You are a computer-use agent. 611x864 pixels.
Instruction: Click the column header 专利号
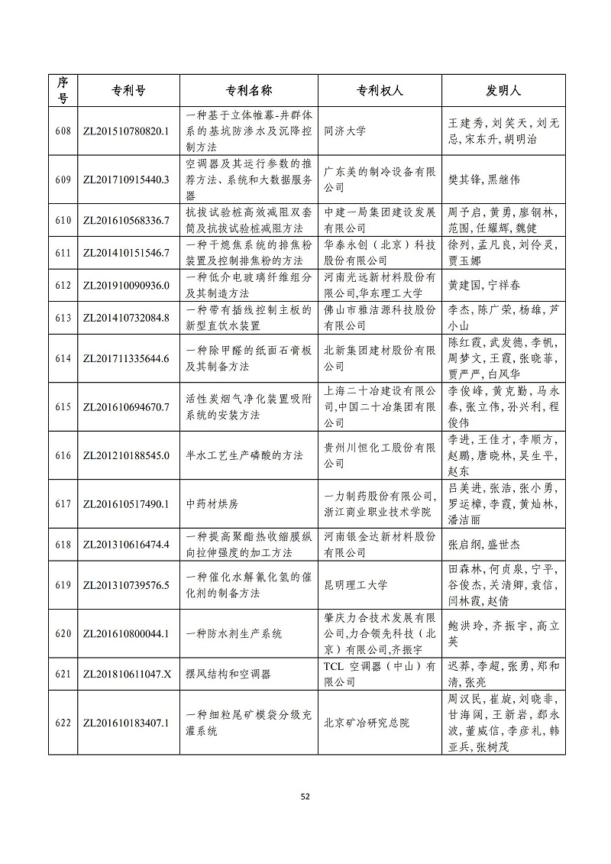point(124,90)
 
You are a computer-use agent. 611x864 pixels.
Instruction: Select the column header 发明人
point(504,90)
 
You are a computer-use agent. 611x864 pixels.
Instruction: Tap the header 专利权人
point(380,90)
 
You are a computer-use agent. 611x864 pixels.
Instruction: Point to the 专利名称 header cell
point(248,90)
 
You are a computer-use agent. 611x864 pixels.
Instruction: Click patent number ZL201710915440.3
point(124,180)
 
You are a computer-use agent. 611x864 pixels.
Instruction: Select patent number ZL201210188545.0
point(124,455)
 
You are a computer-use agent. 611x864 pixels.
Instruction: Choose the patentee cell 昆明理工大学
point(356,585)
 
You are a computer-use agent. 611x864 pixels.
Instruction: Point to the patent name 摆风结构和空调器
point(228,674)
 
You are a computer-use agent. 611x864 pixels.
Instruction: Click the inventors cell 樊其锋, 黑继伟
point(483,180)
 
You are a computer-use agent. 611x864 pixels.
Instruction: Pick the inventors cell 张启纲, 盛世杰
point(483,545)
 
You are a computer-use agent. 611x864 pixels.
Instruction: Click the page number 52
point(305,796)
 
